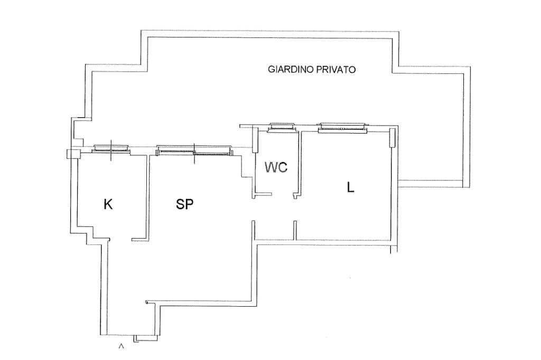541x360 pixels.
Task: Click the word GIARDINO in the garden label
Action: coord(291,69)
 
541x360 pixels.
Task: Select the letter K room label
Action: coord(108,204)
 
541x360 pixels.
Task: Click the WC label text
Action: coord(276,168)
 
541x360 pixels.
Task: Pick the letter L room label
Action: coord(350,187)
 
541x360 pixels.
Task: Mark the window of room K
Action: coord(111,149)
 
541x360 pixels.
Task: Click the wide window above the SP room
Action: coord(194,151)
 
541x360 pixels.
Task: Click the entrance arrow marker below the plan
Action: coord(122,346)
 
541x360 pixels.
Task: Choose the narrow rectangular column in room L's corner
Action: coord(392,138)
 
